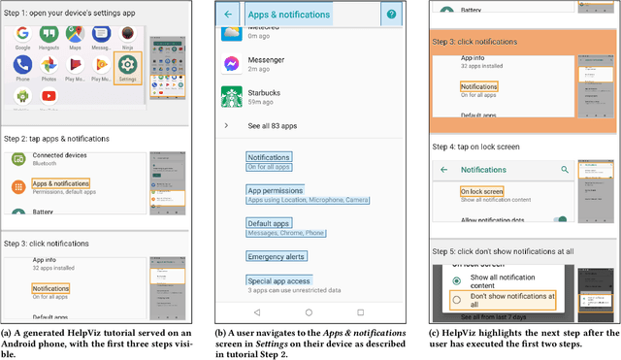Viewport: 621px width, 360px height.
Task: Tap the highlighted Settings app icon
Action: pos(128,66)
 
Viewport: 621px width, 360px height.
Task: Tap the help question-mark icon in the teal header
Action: pos(390,15)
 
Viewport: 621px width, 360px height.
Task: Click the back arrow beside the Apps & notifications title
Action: pos(228,15)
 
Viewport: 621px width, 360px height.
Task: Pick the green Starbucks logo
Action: pos(232,97)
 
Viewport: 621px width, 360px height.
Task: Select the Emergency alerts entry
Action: pos(277,257)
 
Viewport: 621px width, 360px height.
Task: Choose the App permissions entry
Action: pos(277,190)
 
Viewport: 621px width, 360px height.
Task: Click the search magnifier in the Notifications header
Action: pos(564,169)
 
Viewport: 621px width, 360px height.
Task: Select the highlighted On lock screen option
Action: pos(481,191)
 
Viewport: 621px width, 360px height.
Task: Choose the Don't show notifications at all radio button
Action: pos(456,299)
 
